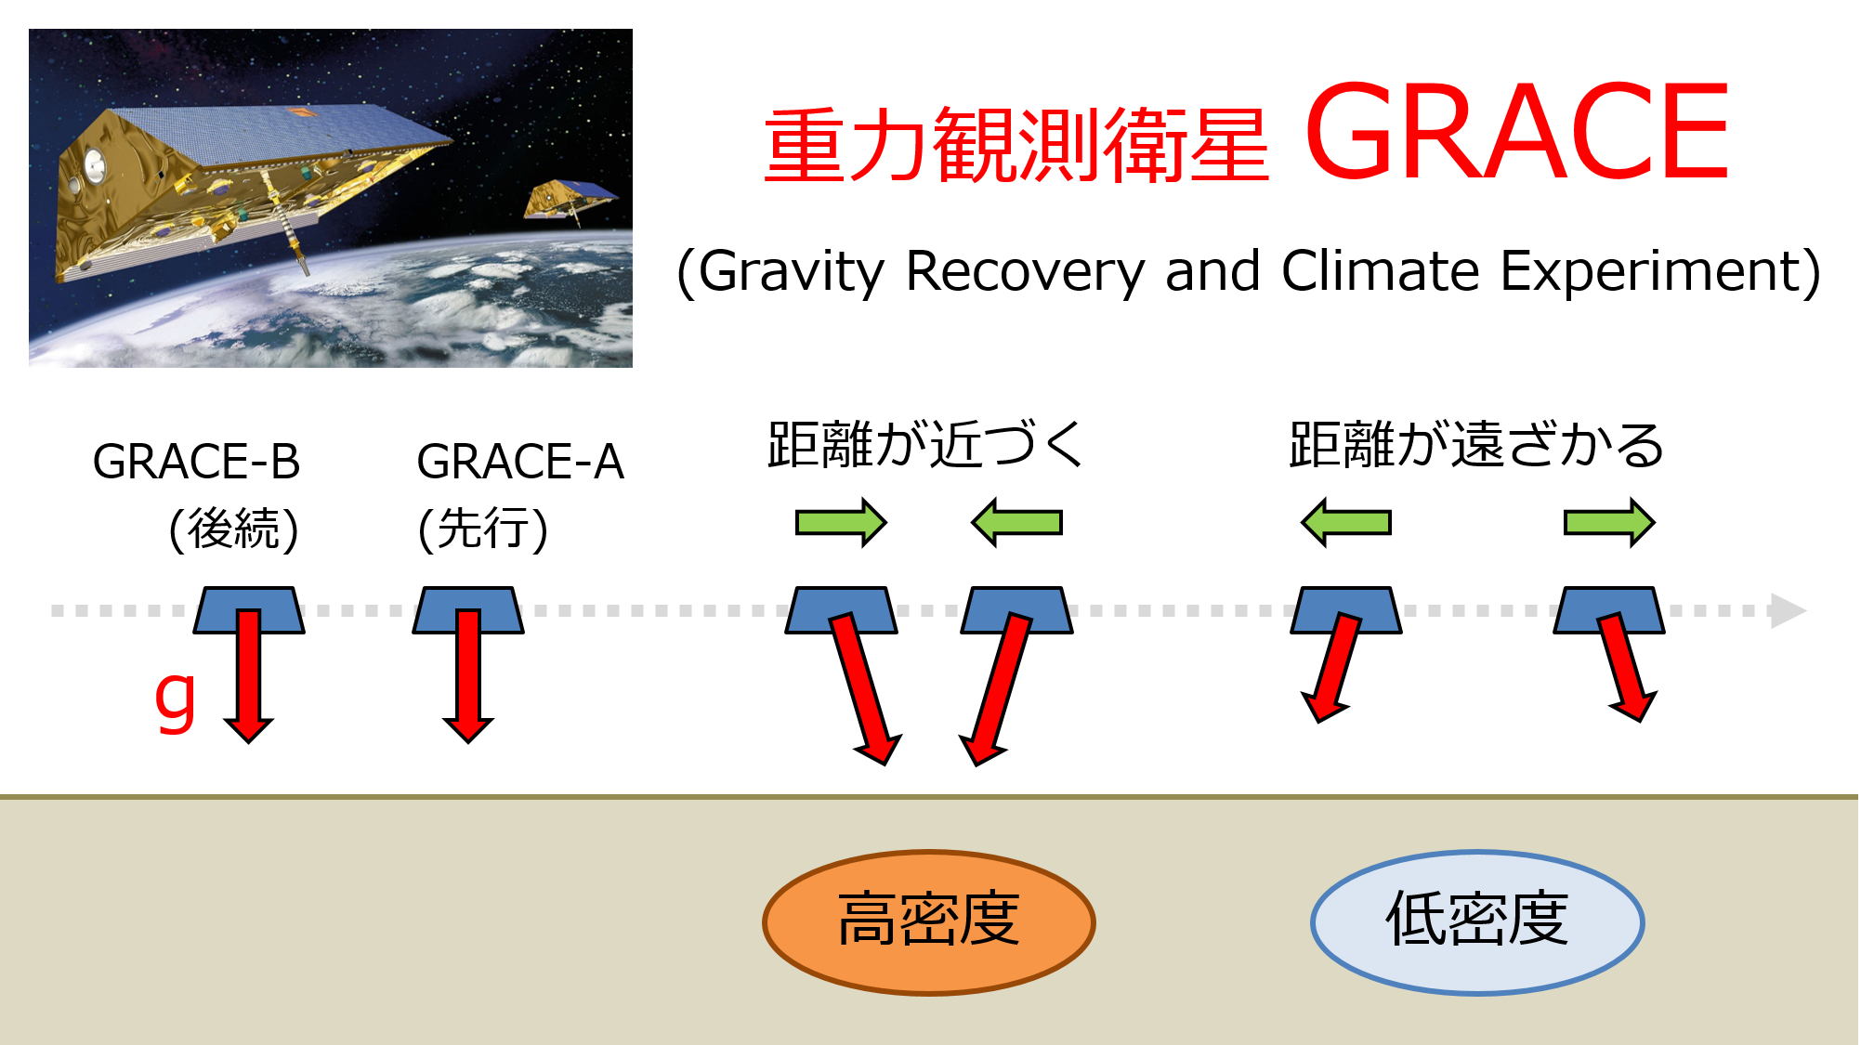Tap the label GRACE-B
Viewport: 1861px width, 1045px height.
196,462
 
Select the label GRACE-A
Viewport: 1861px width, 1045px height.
520,462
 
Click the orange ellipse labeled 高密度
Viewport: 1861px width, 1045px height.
929,922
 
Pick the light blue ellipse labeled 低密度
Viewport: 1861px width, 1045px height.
1477,922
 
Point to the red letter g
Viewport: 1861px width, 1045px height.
176,701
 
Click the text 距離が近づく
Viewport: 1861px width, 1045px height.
926,444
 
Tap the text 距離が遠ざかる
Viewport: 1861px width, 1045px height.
1476,444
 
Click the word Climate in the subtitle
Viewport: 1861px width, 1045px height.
1381,271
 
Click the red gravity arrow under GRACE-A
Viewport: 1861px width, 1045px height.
468,676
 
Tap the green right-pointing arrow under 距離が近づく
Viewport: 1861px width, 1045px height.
841,523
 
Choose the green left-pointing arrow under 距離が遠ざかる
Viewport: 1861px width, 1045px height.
1346,523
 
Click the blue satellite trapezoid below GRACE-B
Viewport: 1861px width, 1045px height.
249,609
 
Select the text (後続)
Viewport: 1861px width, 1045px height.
234,529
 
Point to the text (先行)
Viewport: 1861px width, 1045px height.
483,529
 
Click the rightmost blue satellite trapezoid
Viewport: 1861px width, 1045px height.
1609,609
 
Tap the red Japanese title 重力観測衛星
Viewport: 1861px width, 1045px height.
1016,145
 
